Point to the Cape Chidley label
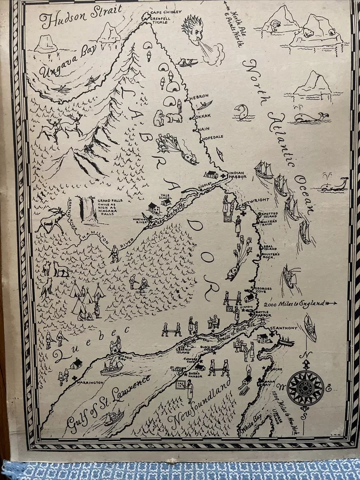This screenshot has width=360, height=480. point(167,12)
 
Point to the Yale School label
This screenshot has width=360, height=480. point(165,199)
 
